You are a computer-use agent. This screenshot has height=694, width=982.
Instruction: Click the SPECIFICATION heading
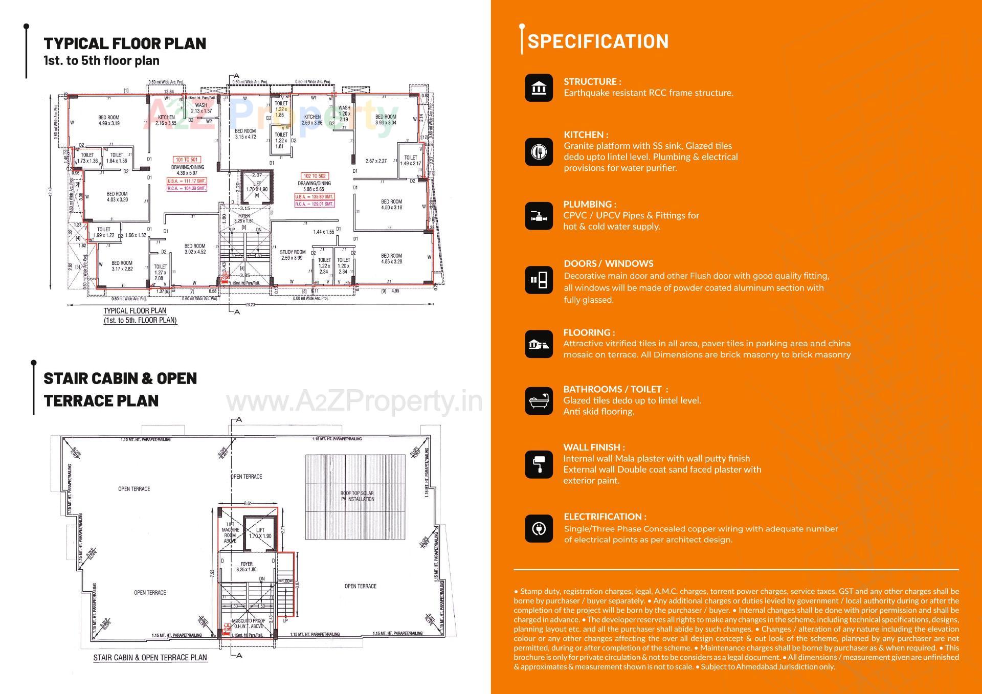(x=597, y=41)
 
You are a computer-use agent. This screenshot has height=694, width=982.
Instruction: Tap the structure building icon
(x=539, y=88)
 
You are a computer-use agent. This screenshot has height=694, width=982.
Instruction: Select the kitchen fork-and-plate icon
(x=539, y=152)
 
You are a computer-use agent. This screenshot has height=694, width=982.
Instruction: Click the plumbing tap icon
(x=539, y=216)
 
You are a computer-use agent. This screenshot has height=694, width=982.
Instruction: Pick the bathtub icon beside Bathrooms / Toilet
(x=539, y=401)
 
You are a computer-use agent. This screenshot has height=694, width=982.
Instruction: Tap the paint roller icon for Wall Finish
(x=539, y=464)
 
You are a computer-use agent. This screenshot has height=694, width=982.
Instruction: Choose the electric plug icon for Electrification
(x=539, y=528)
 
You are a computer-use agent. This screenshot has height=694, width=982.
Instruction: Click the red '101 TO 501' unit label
(x=187, y=160)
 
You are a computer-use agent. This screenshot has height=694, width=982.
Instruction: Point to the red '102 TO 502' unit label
(x=315, y=176)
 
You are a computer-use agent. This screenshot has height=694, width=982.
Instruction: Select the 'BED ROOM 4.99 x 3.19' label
(x=108, y=120)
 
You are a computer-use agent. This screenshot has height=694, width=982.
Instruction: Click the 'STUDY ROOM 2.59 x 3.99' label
(x=292, y=255)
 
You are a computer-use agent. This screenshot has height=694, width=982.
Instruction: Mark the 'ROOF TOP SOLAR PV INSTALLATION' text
(x=357, y=496)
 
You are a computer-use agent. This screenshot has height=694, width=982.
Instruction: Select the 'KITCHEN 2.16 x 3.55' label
(x=166, y=120)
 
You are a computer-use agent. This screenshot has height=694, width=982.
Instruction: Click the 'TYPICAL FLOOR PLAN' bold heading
(x=125, y=43)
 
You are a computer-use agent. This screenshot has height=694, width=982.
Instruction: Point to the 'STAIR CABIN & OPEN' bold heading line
(x=120, y=378)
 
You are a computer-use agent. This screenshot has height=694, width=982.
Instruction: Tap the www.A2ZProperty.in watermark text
(x=354, y=401)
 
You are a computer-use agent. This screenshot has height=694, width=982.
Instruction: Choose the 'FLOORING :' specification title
(x=589, y=332)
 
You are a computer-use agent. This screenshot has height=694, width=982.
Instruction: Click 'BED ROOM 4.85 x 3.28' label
(x=391, y=258)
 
